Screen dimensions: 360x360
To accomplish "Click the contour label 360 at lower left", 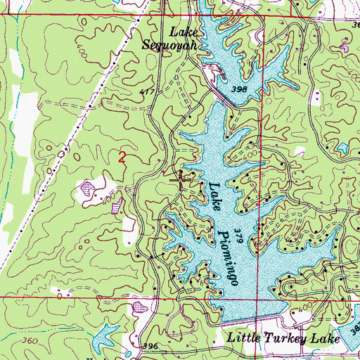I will (x=30, y=340).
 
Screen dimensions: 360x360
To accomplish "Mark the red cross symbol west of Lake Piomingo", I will (x=181, y=181).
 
